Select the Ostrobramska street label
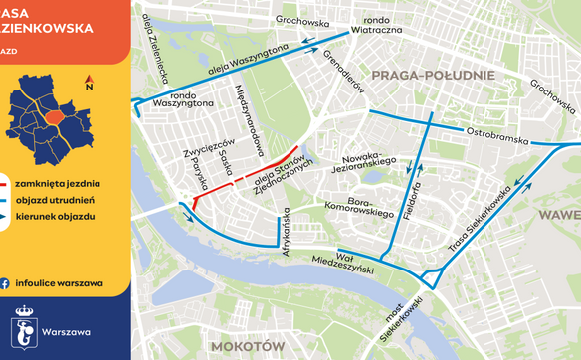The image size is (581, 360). click(497, 136)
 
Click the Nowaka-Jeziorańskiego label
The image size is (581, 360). click(369, 165)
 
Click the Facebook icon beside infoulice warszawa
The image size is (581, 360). click(8, 283)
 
